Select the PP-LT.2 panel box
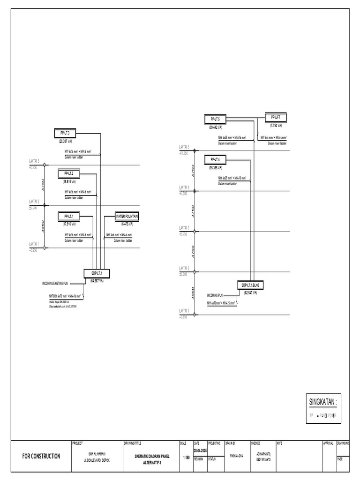pyautogui.click(x=69, y=174)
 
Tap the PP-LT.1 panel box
pyautogui.click(x=69, y=216)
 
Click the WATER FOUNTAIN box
pyautogui.click(x=128, y=216)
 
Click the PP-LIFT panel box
pyautogui.click(x=276, y=117)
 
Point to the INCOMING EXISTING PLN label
pyautogui.click(x=60, y=284)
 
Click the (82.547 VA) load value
pyautogui.click(x=253, y=292)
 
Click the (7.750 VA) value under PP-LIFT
pyautogui.click(x=276, y=125)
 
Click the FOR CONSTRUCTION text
pyautogui.click(x=41, y=456)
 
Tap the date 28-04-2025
pyautogui.click(x=200, y=450)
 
